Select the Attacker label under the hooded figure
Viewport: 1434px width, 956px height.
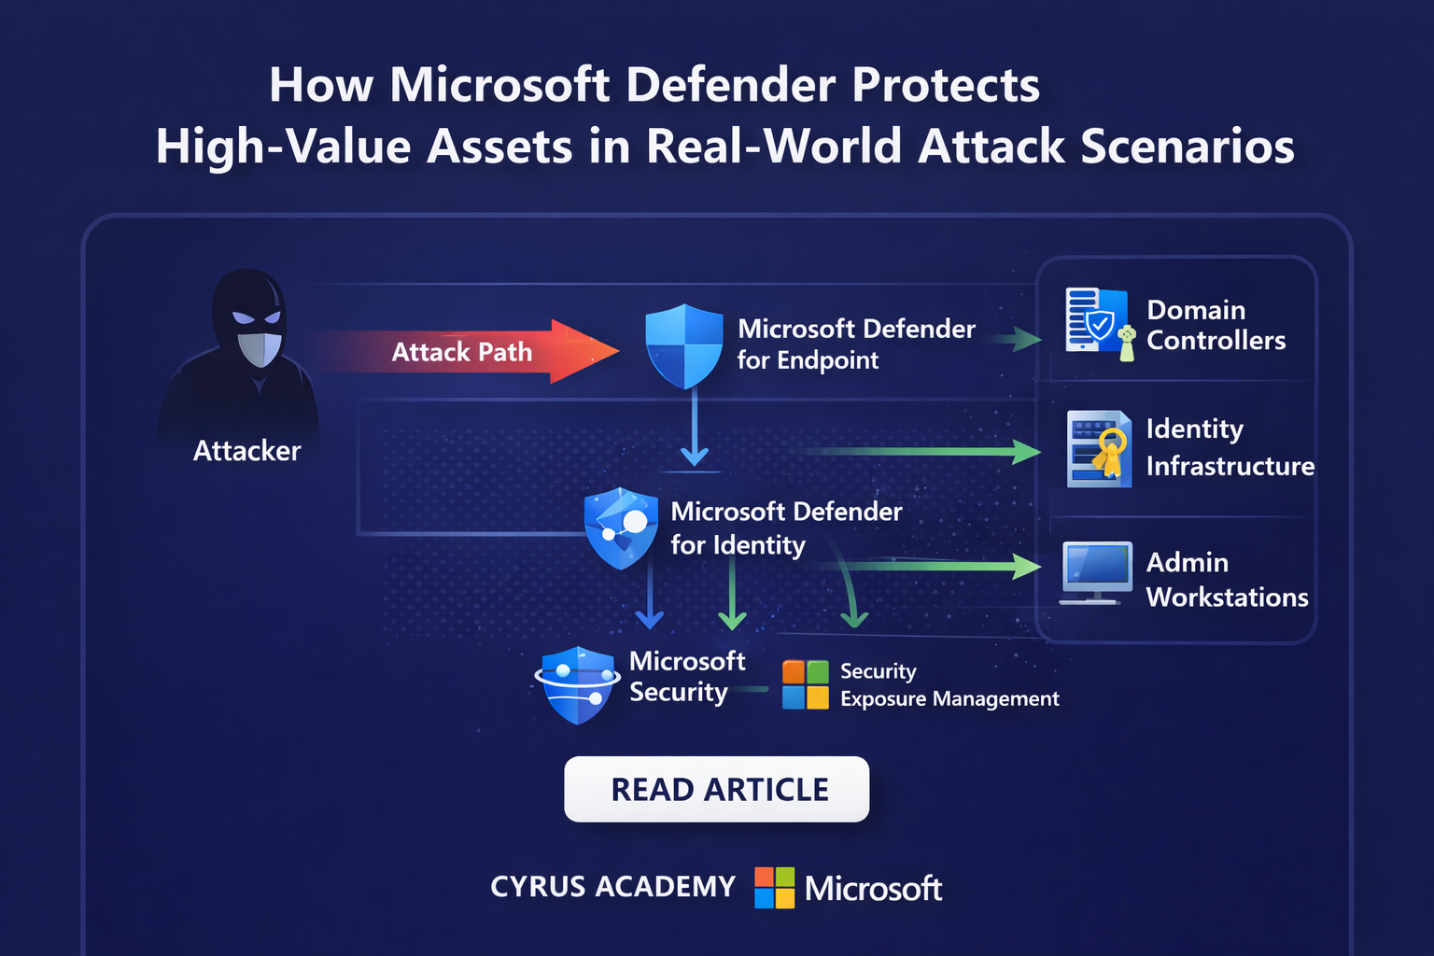click(x=246, y=451)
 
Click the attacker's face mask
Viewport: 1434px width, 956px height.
click(x=259, y=347)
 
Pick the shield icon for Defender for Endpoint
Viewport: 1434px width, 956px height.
click(x=684, y=345)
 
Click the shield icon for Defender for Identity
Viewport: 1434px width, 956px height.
click(x=621, y=528)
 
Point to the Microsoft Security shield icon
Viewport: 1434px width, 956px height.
click(x=578, y=684)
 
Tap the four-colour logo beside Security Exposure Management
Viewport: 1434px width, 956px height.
click(x=805, y=684)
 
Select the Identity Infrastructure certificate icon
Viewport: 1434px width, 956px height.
click(x=1099, y=449)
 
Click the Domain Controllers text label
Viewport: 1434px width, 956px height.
click(x=1216, y=325)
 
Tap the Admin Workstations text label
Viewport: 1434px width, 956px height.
click(x=1227, y=580)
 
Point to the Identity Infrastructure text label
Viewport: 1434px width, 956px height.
click(x=1230, y=447)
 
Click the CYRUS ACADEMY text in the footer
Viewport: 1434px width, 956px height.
click(x=613, y=886)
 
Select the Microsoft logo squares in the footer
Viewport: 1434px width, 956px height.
click(x=774, y=887)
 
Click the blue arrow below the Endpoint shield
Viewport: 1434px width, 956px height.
click(x=694, y=429)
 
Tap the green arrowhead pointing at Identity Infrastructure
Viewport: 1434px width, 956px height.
click(x=1026, y=452)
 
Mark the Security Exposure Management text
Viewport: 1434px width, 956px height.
click(x=949, y=685)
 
